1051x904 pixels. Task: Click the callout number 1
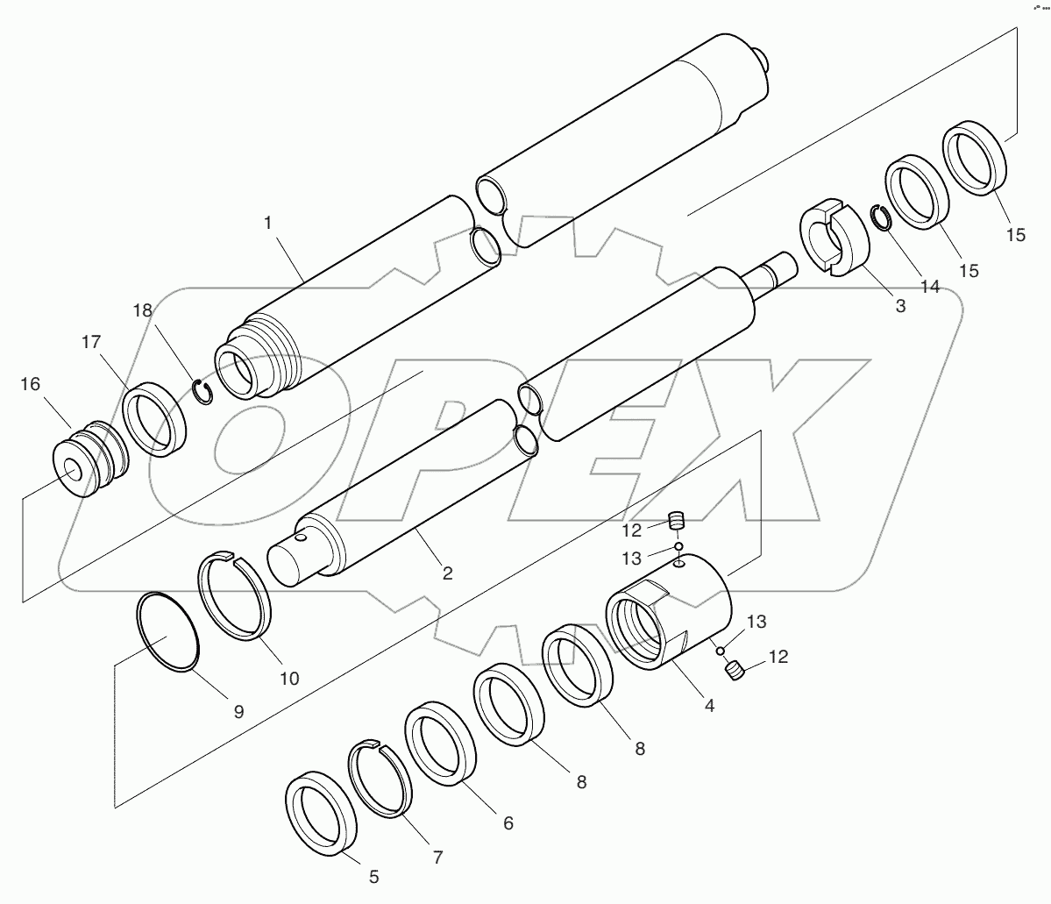click(x=268, y=224)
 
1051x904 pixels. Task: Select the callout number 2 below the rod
click(x=447, y=573)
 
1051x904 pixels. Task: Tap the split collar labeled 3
click(x=834, y=238)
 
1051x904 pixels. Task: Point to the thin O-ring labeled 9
click(x=168, y=632)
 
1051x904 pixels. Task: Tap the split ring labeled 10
click(x=235, y=597)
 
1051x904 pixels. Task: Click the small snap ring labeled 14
click(x=880, y=217)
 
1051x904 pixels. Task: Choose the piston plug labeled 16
click(x=89, y=460)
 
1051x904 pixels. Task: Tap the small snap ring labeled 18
click(x=203, y=391)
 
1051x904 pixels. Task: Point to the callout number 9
click(x=238, y=711)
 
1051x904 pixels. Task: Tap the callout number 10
click(x=288, y=678)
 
